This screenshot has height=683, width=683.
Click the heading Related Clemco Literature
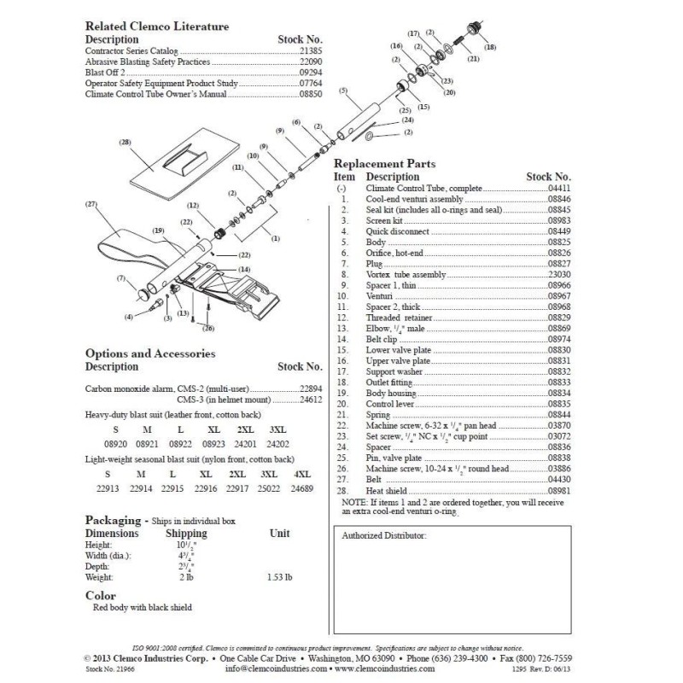click(x=157, y=26)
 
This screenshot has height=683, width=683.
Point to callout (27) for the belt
click(x=91, y=205)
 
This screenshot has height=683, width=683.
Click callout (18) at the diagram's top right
click(x=489, y=50)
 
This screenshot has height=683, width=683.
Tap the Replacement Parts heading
click(x=383, y=164)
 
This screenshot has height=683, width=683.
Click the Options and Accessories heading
click(x=150, y=353)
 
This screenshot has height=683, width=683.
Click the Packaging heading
click(x=113, y=519)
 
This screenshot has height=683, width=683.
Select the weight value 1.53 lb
click(x=279, y=577)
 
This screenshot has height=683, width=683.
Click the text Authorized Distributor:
click(x=383, y=535)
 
